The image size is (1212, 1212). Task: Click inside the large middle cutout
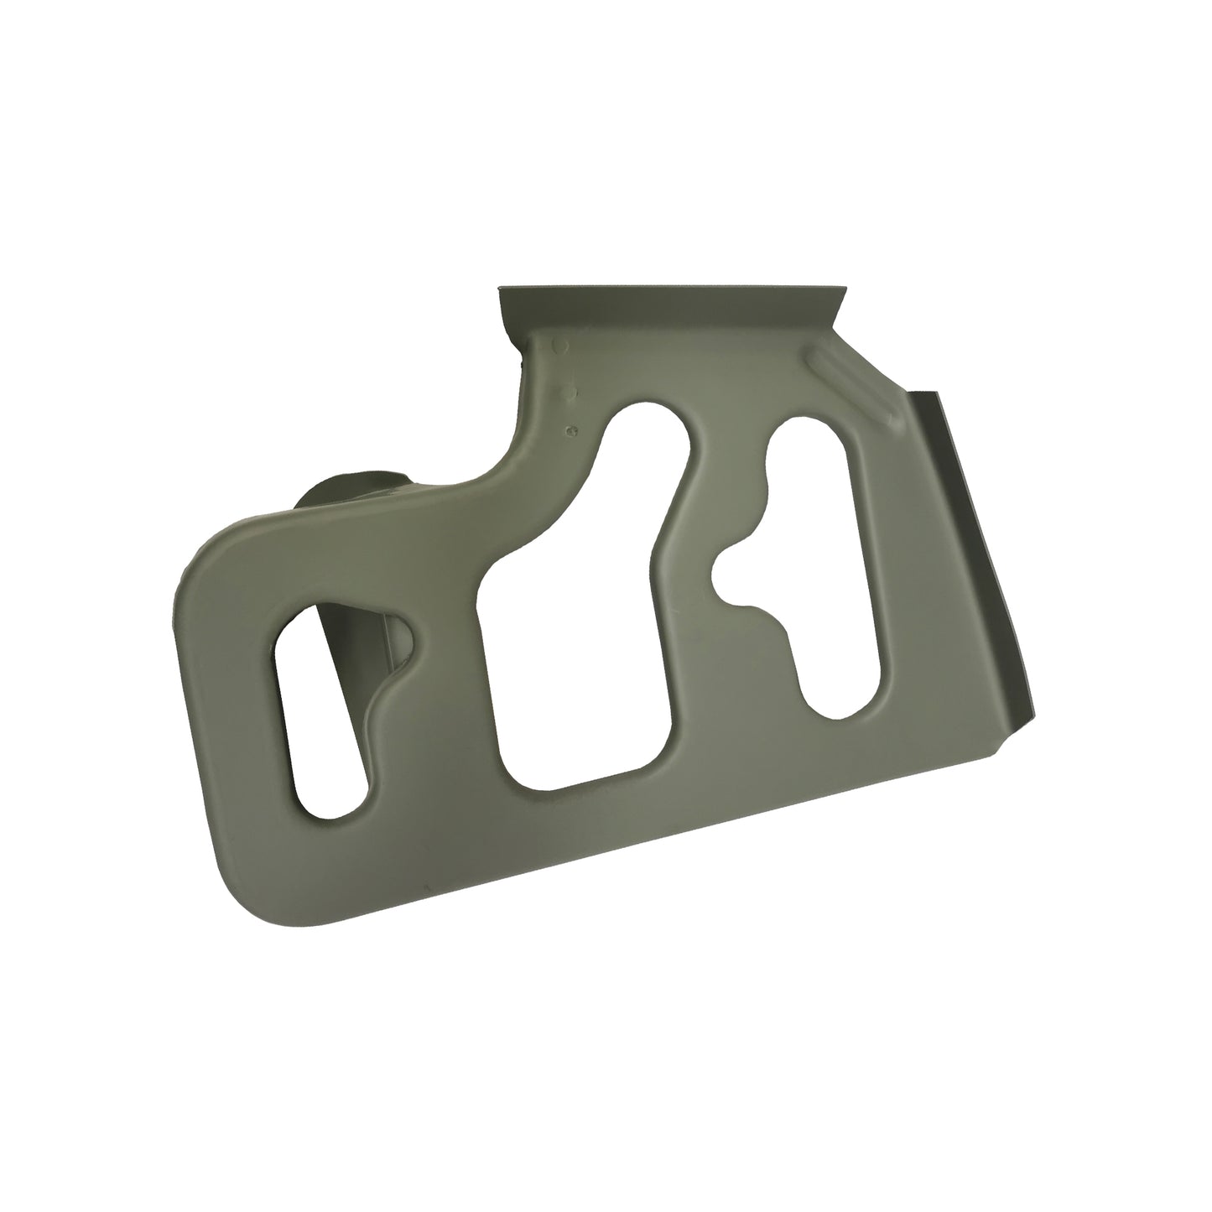(579, 637)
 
